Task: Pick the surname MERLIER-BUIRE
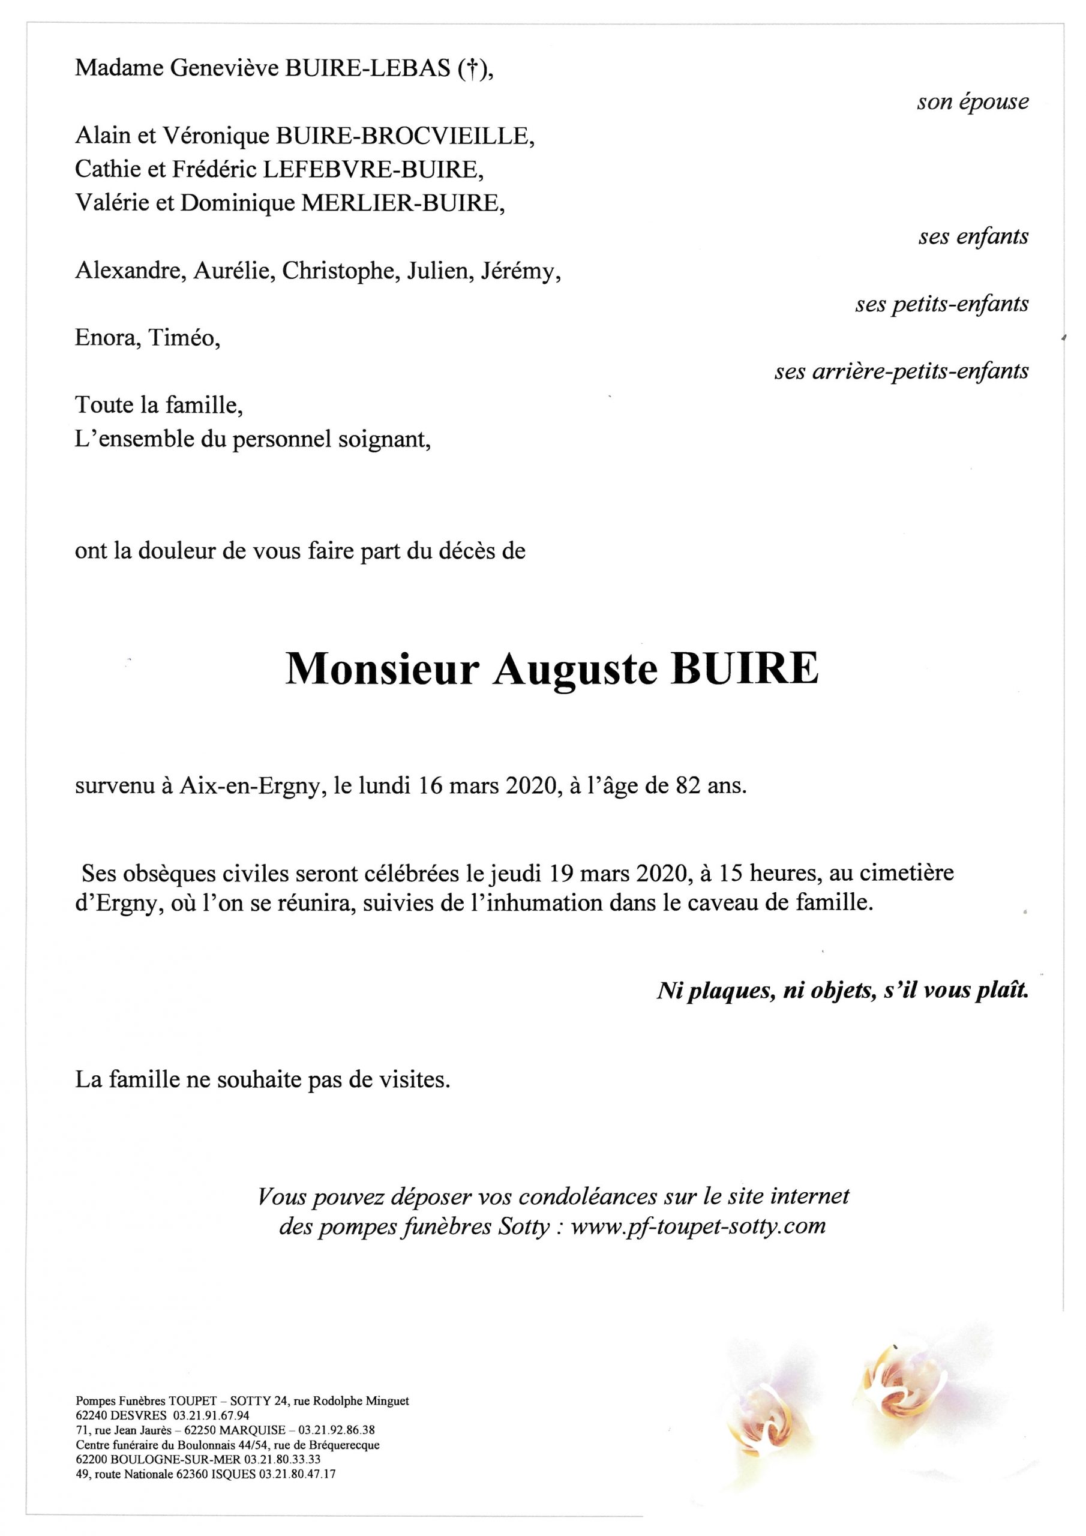click(x=403, y=203)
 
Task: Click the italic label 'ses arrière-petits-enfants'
click(x=901, y=371)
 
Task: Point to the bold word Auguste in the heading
click(x=575, y=669)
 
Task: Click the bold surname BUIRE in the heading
click(x=743, y=668)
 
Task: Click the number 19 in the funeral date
click(x=563, y=873)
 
